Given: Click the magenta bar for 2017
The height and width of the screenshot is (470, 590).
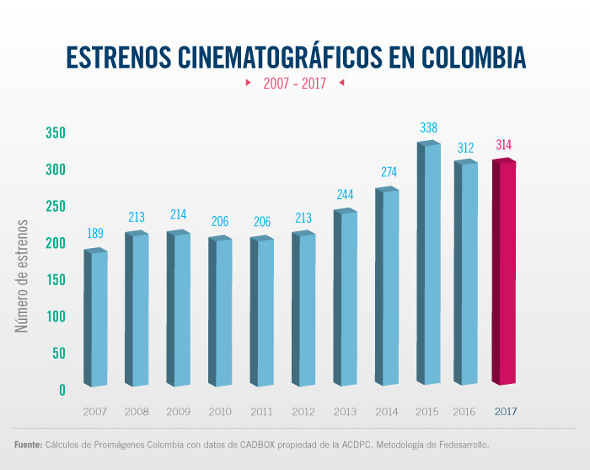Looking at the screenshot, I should (x=503, y=272).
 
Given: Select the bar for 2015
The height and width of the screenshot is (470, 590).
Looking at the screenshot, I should (x=429, y=263).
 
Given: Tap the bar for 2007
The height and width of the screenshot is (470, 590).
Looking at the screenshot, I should (x=96, y=317).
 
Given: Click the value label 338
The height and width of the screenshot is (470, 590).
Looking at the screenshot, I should (x=428, y=128).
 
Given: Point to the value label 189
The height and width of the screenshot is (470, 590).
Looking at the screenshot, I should (x=96, y=235).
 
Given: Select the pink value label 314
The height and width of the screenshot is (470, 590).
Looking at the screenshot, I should (x=503, y=145).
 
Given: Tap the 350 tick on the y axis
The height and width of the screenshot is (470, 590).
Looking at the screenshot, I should (x=56, y=133).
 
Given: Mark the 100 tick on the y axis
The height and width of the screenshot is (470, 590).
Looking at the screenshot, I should (x=56, y=316).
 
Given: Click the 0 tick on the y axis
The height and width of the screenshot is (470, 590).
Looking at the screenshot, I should (x=62, y=390).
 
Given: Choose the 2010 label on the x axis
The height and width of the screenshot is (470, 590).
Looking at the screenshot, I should (x=219, y=412).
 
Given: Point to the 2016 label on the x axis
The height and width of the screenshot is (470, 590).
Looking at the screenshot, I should (x=464, y=412).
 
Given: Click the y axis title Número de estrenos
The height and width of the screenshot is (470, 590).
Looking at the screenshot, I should (x=23, y=275).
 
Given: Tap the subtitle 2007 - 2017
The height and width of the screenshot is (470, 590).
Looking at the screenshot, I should (x=294, y=84).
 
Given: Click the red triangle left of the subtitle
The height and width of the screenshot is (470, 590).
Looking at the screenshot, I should (x=248, y=84).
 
